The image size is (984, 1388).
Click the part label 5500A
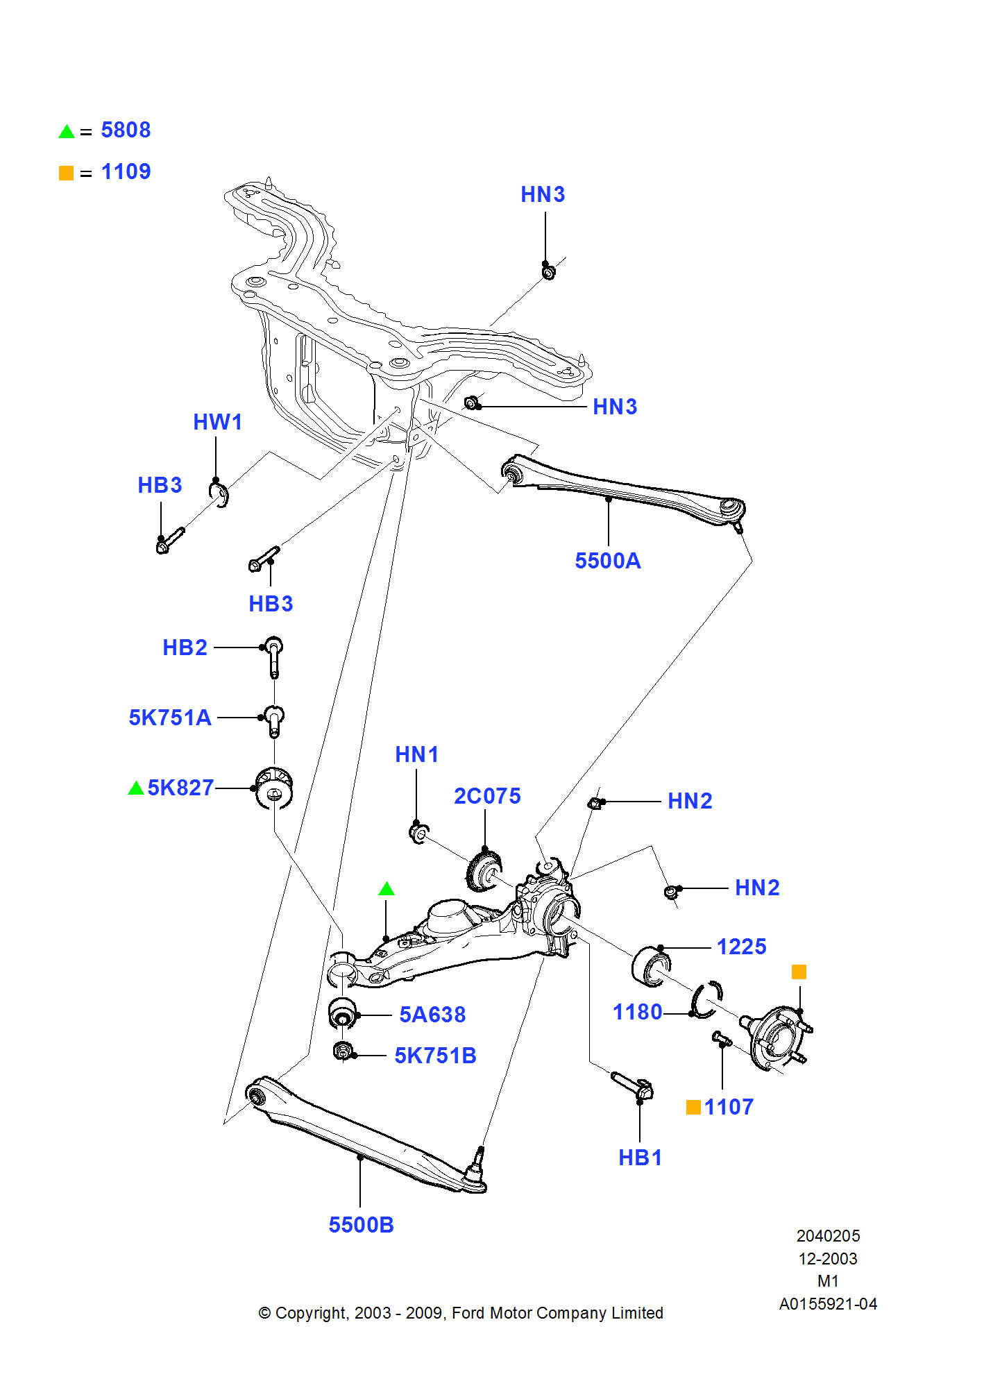[607, 561]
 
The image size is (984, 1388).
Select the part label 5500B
[361, 1225]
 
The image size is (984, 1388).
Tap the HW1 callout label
[217, 422]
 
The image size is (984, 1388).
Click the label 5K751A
[170, 718]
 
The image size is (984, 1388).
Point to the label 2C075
[487, 796]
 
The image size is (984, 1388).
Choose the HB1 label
[640, 1158]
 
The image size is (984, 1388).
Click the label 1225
[741, 947]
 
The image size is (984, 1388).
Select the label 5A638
[432, 1015]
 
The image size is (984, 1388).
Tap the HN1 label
[416, 754]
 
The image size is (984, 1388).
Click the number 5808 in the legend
[126, 130]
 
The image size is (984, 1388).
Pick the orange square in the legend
[67, 173]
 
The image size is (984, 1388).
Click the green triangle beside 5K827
[136, 788]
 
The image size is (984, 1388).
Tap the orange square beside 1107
[693, 1107]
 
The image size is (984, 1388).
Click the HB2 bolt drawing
[274, 655]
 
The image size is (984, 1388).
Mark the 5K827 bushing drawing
[274, 788]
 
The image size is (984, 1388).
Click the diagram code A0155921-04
[828, 1304]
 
